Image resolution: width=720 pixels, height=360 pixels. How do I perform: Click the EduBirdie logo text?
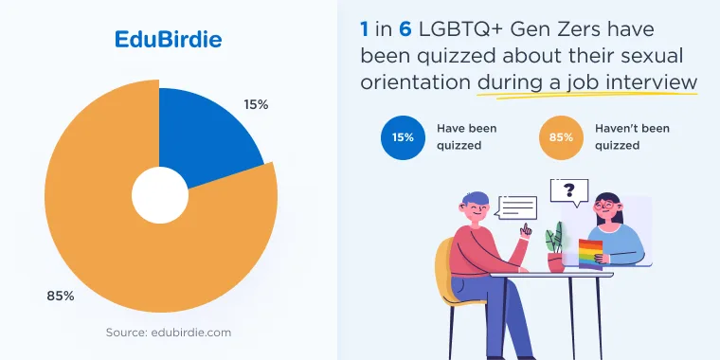[168, 40]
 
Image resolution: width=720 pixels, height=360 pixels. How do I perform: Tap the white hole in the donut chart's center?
[160, 195]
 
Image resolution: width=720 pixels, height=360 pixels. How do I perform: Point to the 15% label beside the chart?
[256, 105]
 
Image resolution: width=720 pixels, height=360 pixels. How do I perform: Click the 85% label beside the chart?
[60, 297]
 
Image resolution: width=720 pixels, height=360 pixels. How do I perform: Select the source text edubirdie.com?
[169, 332]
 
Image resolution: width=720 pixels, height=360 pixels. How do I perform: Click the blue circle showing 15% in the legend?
[404, 137]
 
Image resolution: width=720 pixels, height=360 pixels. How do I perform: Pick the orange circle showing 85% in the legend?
[561, 137]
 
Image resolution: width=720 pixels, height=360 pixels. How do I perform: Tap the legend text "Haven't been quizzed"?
[632, 136]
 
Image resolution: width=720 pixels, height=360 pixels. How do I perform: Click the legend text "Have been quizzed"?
[466, 136]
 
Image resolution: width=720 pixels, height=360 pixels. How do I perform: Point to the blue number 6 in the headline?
[405, 29]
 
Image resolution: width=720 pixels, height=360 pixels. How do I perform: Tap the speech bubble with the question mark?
[569, 192]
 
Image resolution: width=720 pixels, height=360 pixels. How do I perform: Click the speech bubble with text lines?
[516, 207]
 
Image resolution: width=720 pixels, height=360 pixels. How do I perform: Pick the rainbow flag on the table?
[590, 254]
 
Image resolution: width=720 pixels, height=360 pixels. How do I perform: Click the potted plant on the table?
[555, 247]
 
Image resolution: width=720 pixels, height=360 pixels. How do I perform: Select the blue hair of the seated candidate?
[476, 199]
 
